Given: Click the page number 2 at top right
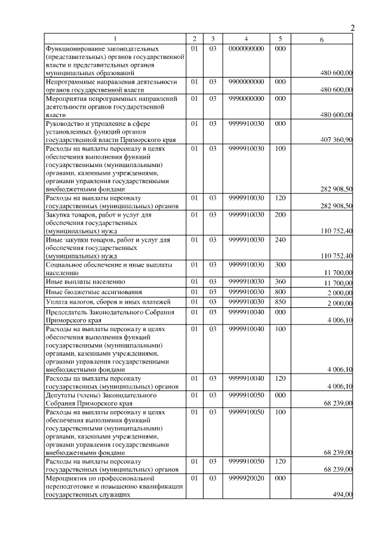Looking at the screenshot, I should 352,27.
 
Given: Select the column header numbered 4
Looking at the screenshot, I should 246,39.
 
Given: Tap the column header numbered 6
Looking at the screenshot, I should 322,39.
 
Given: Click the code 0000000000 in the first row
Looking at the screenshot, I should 246,48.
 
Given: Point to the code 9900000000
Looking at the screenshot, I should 246,81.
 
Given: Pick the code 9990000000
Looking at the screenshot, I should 246,97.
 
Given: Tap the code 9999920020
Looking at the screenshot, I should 246,478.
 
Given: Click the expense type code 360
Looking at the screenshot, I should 281,281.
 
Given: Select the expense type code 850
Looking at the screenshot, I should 281,302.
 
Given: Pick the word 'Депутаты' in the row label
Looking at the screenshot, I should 61,395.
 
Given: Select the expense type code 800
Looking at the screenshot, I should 281,292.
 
